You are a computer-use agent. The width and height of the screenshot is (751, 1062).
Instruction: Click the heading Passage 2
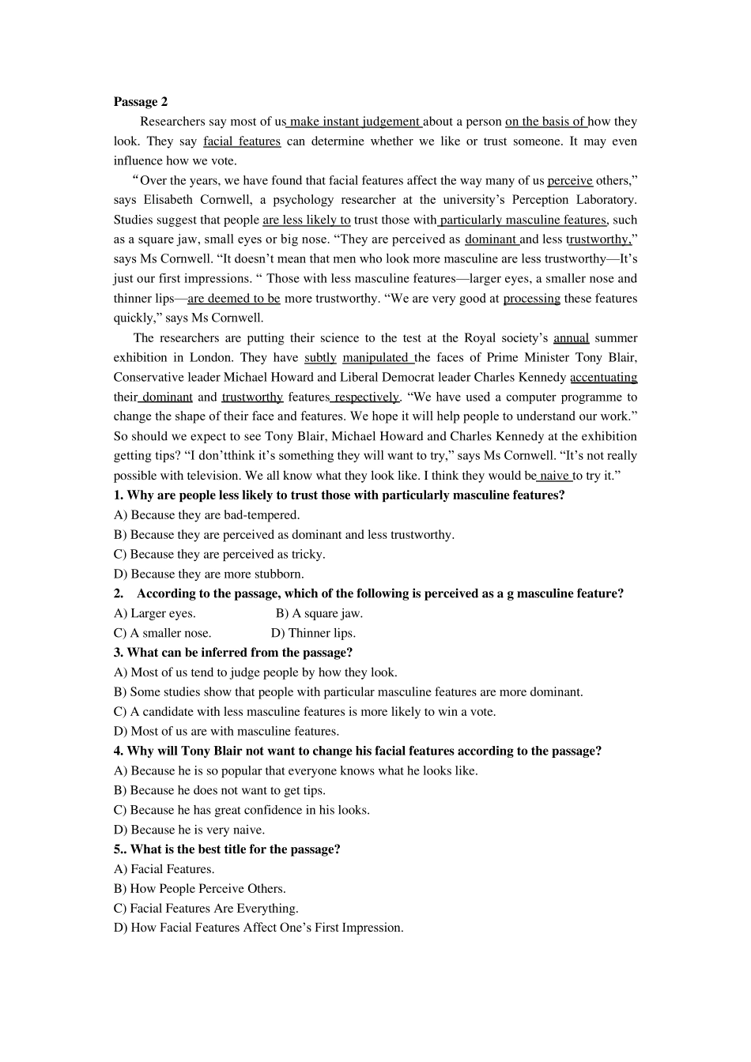tap(141, 101)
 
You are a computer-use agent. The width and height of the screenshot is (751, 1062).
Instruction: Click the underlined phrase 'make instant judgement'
tap(355, 122)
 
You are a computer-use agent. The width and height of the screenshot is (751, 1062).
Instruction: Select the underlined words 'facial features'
tap(242, 141)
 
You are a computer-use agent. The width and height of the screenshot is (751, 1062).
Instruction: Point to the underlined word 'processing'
tap(531, 299)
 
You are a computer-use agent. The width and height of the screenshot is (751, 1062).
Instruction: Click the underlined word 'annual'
tap(571, 338)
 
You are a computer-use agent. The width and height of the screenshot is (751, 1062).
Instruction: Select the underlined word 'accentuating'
tap(603, 378)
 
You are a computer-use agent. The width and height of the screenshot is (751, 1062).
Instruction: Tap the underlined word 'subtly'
tap(320, 358)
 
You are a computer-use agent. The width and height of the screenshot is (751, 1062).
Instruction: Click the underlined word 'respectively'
tap(366, 397)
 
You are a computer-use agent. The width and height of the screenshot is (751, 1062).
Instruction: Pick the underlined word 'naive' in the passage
tap(555, 476)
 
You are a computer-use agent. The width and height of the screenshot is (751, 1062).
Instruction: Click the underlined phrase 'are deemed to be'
tap(234, 299)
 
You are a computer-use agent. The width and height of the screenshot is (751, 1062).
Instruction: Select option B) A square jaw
tap(319, 613)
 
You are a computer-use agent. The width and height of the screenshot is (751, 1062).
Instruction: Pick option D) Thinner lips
tap(313, 633)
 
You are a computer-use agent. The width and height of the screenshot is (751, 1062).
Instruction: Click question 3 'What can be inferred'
tap(233, 653)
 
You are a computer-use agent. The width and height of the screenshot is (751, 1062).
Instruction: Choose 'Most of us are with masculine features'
tap(227, 732)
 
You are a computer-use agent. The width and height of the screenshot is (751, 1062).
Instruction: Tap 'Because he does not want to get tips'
tap(220, 790)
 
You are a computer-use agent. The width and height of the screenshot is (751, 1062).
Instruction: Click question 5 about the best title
tap(228, 849)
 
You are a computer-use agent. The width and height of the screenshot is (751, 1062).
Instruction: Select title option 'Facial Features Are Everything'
tap(206, 909)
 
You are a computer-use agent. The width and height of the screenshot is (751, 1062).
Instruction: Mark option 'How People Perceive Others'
tap(200, 889)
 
